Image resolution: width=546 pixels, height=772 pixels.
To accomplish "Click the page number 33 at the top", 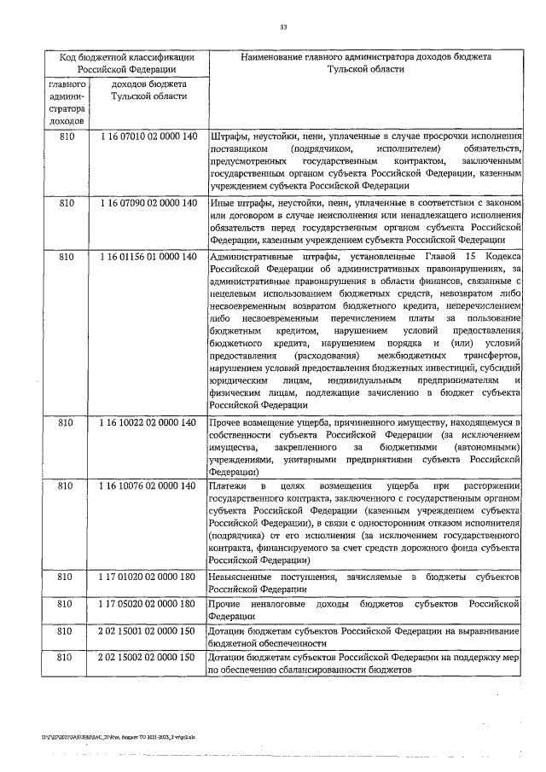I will click(283, 28).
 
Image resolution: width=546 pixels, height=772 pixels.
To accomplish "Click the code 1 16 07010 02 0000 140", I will click(148, 136).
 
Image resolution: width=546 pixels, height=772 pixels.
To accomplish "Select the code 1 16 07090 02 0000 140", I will click(148, 203).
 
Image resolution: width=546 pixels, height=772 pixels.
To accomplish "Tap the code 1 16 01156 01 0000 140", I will click(148, 256).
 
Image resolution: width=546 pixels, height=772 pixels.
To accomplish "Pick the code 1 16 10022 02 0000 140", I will click(148, 422).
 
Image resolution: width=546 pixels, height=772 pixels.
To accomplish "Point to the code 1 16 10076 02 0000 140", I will click(148, 485).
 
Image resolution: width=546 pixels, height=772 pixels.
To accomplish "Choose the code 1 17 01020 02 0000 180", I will click(148, 578).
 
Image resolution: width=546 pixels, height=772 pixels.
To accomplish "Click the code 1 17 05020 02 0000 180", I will click(148, 604).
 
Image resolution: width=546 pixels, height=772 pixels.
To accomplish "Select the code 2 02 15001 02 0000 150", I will click(148, 631).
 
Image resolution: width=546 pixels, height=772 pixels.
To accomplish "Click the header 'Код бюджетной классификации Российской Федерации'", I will click(126, 63).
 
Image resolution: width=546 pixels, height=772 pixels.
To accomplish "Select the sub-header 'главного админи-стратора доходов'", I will click(67, 105).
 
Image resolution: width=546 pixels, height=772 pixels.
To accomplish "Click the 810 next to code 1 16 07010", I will click(67, 136).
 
